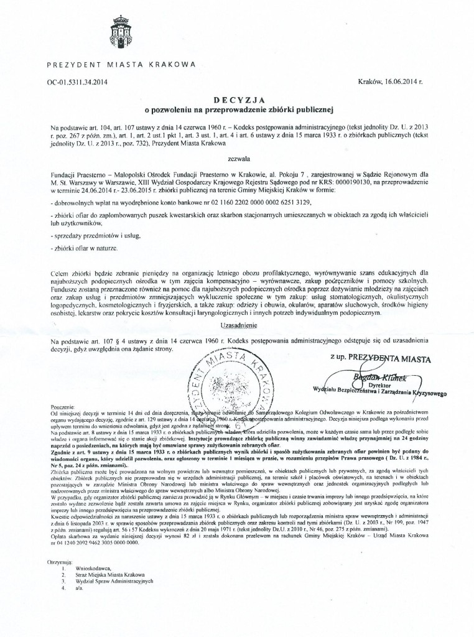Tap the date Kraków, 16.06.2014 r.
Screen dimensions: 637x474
390,81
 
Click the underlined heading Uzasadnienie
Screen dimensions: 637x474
239,325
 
